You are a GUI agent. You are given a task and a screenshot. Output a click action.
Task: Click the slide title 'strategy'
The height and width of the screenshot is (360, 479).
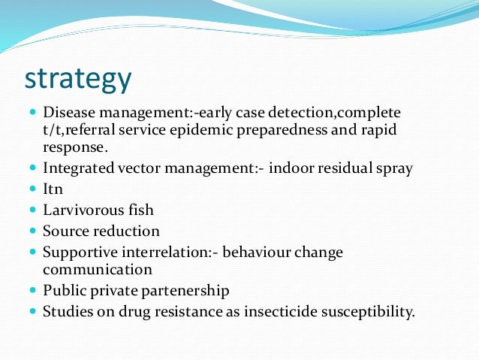[79, 77]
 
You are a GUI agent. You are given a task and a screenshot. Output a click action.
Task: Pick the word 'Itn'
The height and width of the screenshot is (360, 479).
[53, 189]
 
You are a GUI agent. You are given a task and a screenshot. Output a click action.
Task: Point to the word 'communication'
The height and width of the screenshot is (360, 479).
[97, 268]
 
